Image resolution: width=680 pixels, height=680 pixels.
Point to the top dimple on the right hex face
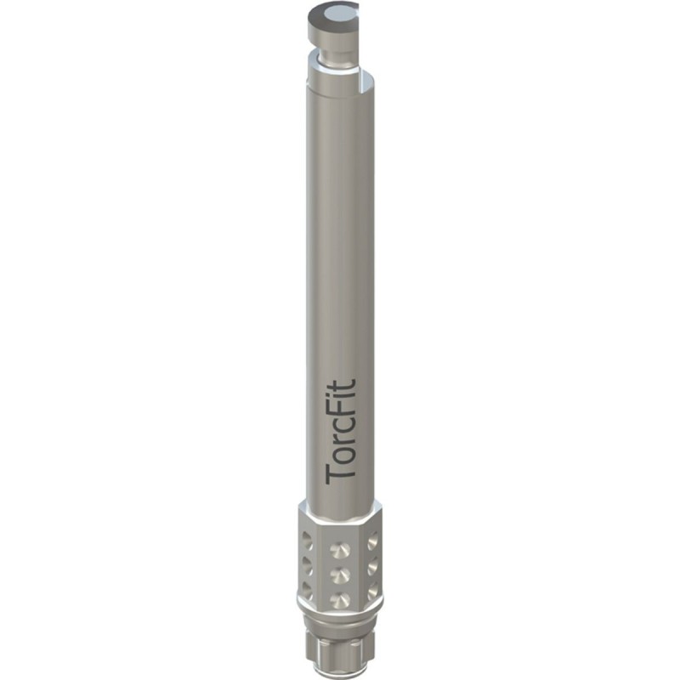[x=374, y=537]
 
